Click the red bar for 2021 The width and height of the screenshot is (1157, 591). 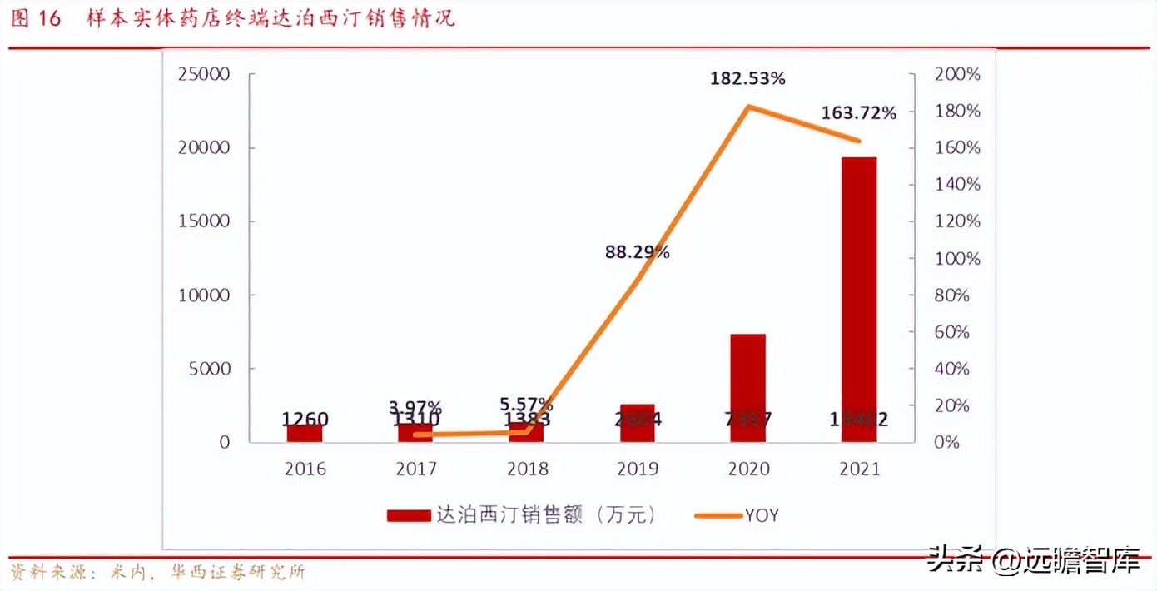(859, 300)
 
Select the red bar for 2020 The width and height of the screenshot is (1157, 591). (747, 388)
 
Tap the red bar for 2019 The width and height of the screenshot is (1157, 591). (637, 423)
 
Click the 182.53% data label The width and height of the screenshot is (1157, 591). (747, 79)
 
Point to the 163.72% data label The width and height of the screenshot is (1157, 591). (858, 113)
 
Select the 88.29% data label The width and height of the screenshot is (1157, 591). (637, 252)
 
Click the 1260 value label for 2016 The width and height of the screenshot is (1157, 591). (305, 420)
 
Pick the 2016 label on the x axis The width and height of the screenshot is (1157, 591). (305, 469)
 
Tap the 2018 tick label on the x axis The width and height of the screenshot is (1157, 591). (527, 469)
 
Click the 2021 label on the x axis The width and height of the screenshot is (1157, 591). (859, 469)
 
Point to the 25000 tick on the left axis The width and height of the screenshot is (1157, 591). (203, 75)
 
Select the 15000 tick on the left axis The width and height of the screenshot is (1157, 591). (203, 222)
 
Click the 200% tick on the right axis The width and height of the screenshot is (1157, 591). (957, 75)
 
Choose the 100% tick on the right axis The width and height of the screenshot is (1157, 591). (957, 259)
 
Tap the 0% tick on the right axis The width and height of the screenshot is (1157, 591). (947, 443)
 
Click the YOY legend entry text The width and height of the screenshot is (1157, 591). (762, 515)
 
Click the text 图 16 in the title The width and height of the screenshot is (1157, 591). (37, 19)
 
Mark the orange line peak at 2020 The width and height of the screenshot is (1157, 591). (748, 107)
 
